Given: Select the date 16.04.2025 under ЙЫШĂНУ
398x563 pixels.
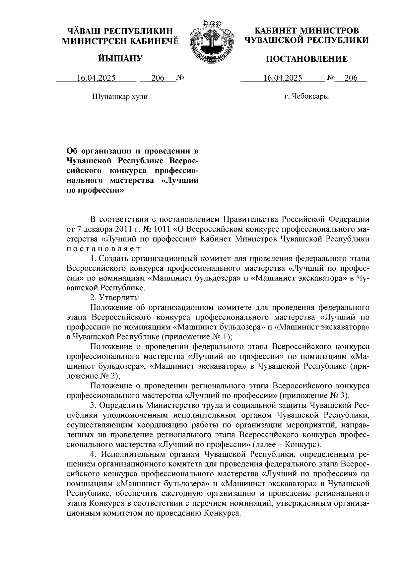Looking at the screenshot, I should (96, 78).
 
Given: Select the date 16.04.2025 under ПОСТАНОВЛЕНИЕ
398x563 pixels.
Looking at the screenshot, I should (283, 78).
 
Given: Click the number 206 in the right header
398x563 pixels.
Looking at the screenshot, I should (351, 78).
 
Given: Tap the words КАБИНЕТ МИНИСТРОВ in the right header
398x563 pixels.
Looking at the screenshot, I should (306, 31).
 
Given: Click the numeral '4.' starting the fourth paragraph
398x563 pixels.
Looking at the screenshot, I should (94, 454).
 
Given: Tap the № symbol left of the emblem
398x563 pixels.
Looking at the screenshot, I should (180, 78).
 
